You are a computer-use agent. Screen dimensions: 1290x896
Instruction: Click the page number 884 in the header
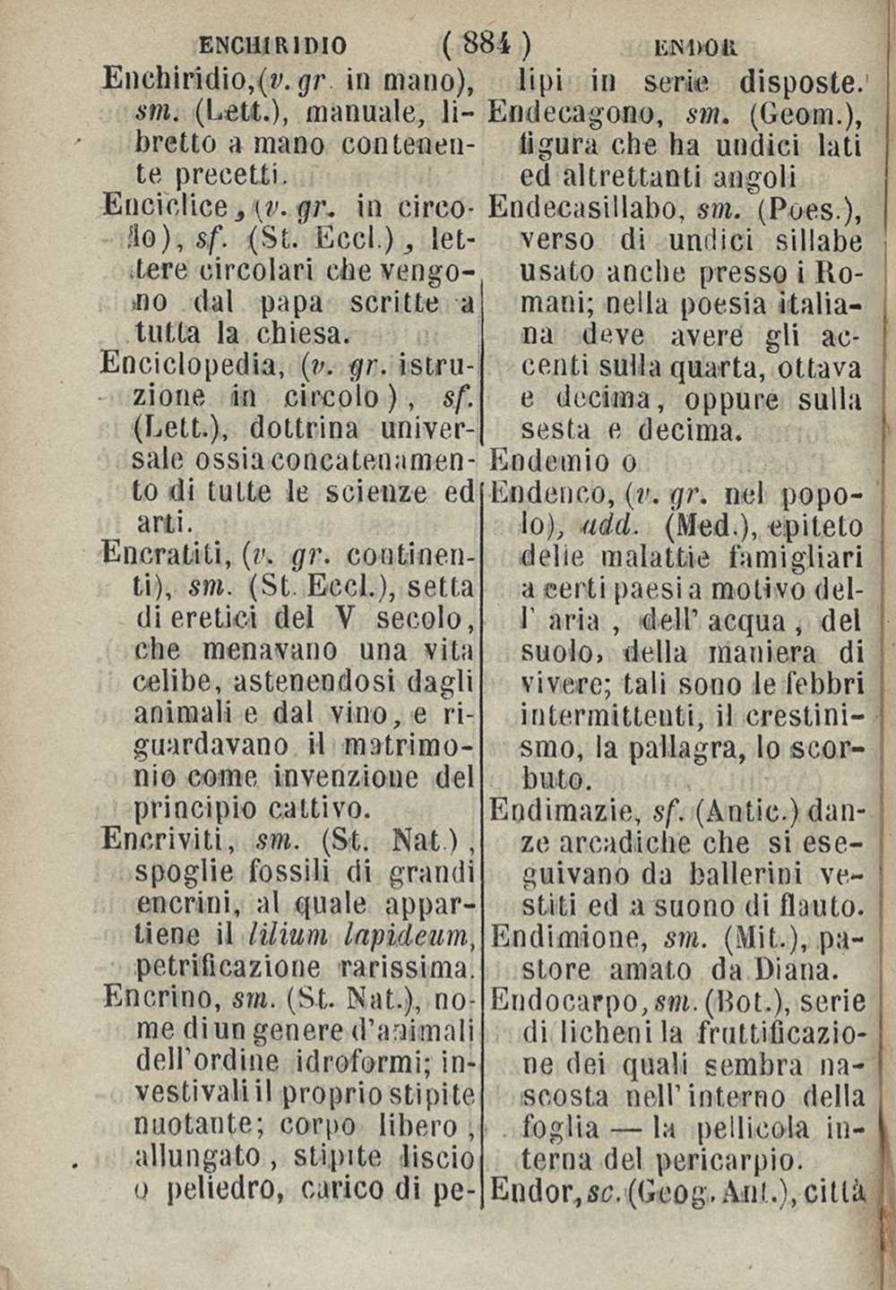[485, 42]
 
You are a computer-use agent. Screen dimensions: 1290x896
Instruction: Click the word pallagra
[662, 745]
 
